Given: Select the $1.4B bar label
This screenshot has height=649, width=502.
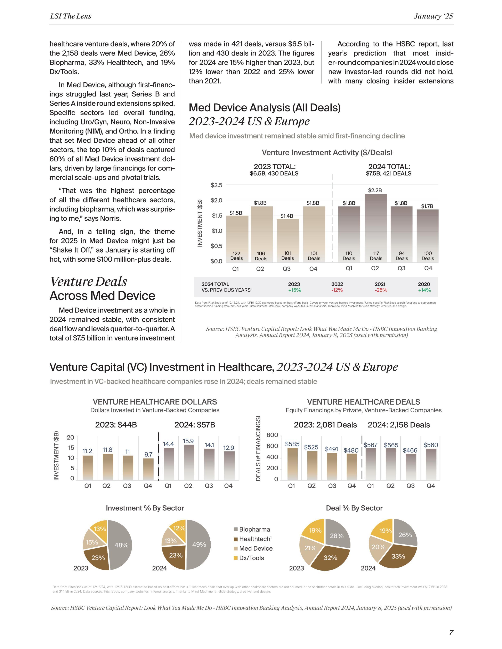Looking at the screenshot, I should [x=287, y=216].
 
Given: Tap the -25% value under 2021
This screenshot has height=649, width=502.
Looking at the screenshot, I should [x=381, y=290].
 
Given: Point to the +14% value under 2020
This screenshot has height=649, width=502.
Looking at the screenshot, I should [x=424, y=290].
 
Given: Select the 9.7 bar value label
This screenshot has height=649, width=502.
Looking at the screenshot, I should [x=148, y=454].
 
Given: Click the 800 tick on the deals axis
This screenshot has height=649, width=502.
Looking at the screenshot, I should [x=272, y=435].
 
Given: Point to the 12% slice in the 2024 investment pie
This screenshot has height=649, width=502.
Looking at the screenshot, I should [x=179, y=529].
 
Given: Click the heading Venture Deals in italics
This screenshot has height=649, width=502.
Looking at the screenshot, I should [x=88, y=282].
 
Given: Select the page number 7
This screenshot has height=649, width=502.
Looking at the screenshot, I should [x=451, y=633].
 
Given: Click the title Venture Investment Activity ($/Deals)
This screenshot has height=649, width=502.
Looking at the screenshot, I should [x=327, y=152].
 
